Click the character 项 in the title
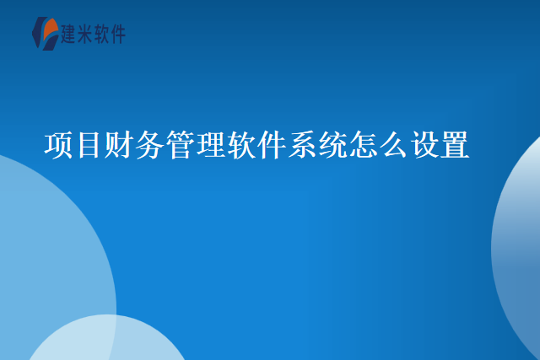click(x=59, y=145)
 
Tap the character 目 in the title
click(x=89, y=145)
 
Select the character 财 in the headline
click(x=120, y=145)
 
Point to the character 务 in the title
click(x=150, y=145)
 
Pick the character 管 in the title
click(x=181, y=145)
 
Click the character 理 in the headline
click(x=211, y=145)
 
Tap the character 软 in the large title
click(x=241, y=145)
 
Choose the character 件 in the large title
click(x=272, y=145)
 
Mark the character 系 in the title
click(x=302, y=145)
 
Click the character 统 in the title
click(x=332, y=145)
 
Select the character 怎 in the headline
click(x=363, y=145)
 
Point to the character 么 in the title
click(x=393, y=145)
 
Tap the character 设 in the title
click(x=424, y=145)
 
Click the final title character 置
click(x=454, y=145)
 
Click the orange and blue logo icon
click(x=44, y=34)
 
